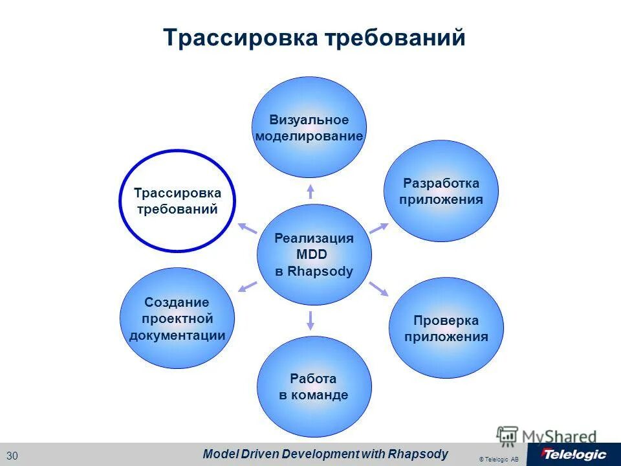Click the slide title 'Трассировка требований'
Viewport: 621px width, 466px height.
tap(314, 38)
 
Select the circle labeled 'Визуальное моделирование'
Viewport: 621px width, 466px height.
tap(309, 128)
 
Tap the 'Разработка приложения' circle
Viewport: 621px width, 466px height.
tap(441, 192)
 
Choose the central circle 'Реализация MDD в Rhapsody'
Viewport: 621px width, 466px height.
tap(314, 254)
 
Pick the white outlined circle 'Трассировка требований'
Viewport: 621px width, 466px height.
tap(177, 201)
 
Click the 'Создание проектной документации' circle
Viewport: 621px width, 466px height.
tap(177, 318)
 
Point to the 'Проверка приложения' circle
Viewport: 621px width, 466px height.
tap(446, 328)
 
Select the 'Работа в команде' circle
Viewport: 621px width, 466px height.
tap(314, 386)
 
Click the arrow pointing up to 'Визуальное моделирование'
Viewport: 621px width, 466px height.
tap(310, 190)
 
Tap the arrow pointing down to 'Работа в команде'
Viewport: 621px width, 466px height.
tap(311, 319)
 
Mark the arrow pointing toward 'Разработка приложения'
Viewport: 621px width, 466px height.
tap(378, 228)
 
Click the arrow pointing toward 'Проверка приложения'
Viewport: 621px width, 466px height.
tap(378, 289)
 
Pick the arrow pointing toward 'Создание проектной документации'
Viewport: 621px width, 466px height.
tap(247, 287)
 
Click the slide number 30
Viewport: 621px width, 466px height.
tap(13, 455)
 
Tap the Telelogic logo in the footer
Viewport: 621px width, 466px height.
tap(573, 454)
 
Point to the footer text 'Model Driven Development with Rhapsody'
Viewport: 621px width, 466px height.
tap(325, 454)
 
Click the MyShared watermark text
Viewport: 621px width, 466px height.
tap(559, 436)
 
